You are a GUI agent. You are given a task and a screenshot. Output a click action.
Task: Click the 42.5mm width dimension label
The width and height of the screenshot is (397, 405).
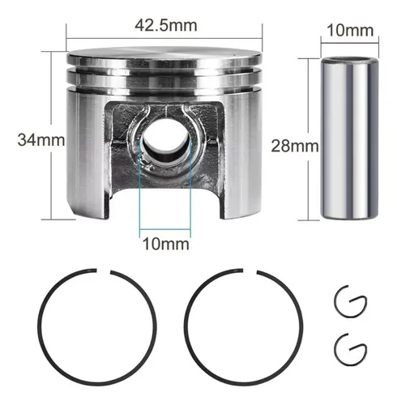pos(166,26)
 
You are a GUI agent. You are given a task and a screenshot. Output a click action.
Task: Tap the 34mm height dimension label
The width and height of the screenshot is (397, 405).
pos(41,140)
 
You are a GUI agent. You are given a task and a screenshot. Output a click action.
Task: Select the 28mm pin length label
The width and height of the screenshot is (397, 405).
pos(295,146)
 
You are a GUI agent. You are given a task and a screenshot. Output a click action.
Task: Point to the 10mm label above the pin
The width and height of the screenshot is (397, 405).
pos(350,30)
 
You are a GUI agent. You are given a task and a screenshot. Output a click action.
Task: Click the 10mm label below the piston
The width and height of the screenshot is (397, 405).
pos(166,244)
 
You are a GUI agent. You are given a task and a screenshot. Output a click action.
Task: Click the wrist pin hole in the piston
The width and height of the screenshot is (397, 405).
pos(165,142)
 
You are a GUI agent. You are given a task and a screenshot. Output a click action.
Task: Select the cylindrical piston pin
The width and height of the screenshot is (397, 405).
pos(349,138)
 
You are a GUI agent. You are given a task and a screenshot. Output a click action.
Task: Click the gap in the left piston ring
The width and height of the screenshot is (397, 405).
pos(104,271)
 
